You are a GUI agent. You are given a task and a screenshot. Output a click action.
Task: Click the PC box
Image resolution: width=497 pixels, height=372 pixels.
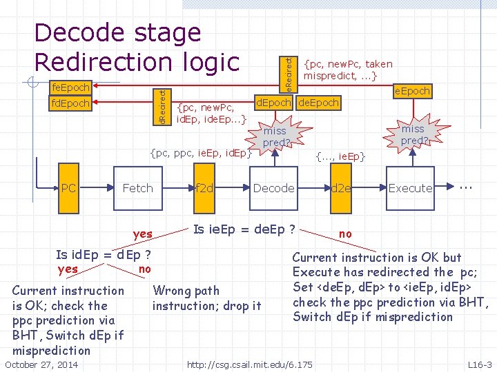(68, 188)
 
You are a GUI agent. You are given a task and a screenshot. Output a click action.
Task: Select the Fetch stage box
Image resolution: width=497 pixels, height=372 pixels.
(137, 188)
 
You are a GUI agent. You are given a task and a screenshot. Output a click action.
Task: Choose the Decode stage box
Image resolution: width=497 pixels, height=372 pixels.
(274, 188)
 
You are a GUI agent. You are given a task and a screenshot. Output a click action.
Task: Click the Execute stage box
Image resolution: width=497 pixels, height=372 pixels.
(410, 188)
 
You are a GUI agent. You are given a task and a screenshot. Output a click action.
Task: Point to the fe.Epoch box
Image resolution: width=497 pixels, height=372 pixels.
(71, 87)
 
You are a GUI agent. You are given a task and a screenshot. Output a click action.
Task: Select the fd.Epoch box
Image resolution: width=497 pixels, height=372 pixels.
(71, 104)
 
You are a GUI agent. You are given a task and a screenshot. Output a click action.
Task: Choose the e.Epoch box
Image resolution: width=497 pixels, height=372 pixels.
(412, 90)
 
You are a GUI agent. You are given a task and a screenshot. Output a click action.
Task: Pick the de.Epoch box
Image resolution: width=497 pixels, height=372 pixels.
(319, 103)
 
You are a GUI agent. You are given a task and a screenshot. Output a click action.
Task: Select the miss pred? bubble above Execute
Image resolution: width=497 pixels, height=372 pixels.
(413, 134)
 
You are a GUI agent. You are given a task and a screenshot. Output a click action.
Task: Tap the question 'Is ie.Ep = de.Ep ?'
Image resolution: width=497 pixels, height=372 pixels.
(245, 229)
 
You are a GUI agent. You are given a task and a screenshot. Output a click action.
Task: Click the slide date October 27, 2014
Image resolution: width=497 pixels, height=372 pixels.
(41, 364)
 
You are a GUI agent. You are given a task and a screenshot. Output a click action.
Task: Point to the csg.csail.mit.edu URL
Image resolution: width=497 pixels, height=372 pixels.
(250, 364)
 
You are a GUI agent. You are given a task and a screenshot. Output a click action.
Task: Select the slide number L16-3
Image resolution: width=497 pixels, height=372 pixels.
(480, 364)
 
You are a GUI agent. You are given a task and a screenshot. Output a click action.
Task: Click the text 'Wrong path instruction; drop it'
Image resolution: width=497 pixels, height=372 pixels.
(206, 298)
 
